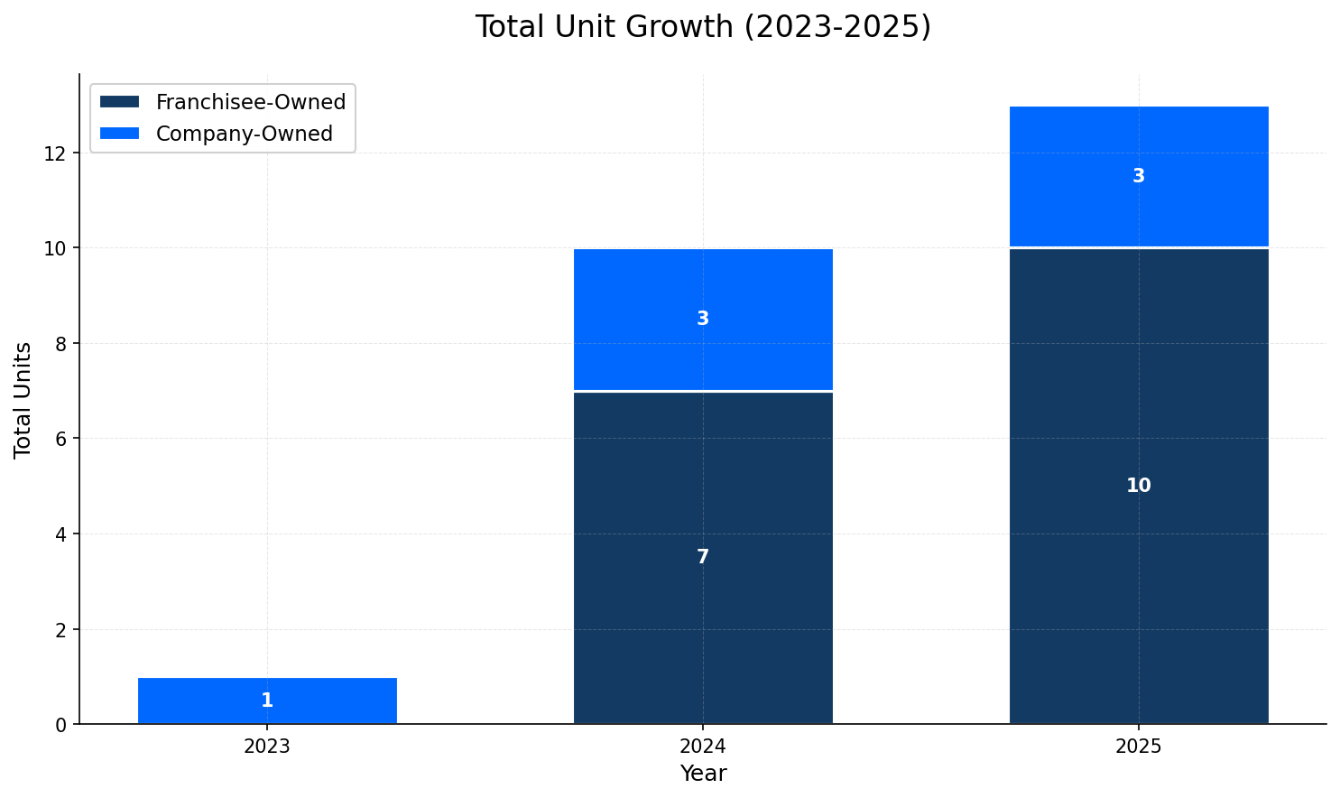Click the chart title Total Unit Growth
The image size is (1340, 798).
point(702,27)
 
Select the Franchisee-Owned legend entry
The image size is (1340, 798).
point(250,102)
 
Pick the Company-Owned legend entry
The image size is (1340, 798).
point(244,134)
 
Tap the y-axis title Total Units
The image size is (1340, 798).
point(23,400)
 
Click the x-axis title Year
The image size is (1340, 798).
point(703,774)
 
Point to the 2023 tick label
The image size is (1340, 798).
point(267,747)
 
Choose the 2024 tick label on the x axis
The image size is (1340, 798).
point(703,747)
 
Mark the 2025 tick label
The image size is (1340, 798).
point(1139,747)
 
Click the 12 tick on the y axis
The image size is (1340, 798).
point(56,153)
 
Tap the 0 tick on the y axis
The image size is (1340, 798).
point(61,725)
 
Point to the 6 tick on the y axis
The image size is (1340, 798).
point(61,439)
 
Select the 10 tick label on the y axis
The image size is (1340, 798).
point(56,248)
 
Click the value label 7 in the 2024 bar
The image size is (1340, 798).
point(703,558)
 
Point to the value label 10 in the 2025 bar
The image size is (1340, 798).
point(1139,487)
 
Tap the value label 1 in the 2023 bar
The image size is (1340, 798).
point(267,701)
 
